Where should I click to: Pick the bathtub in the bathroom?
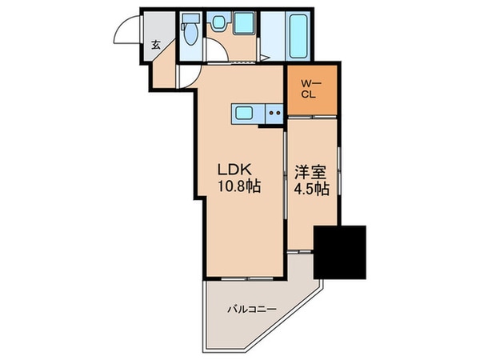click(x=297, y=36)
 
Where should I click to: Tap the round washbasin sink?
click(x=218, y=26)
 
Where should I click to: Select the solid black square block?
click(x=339, y=252)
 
